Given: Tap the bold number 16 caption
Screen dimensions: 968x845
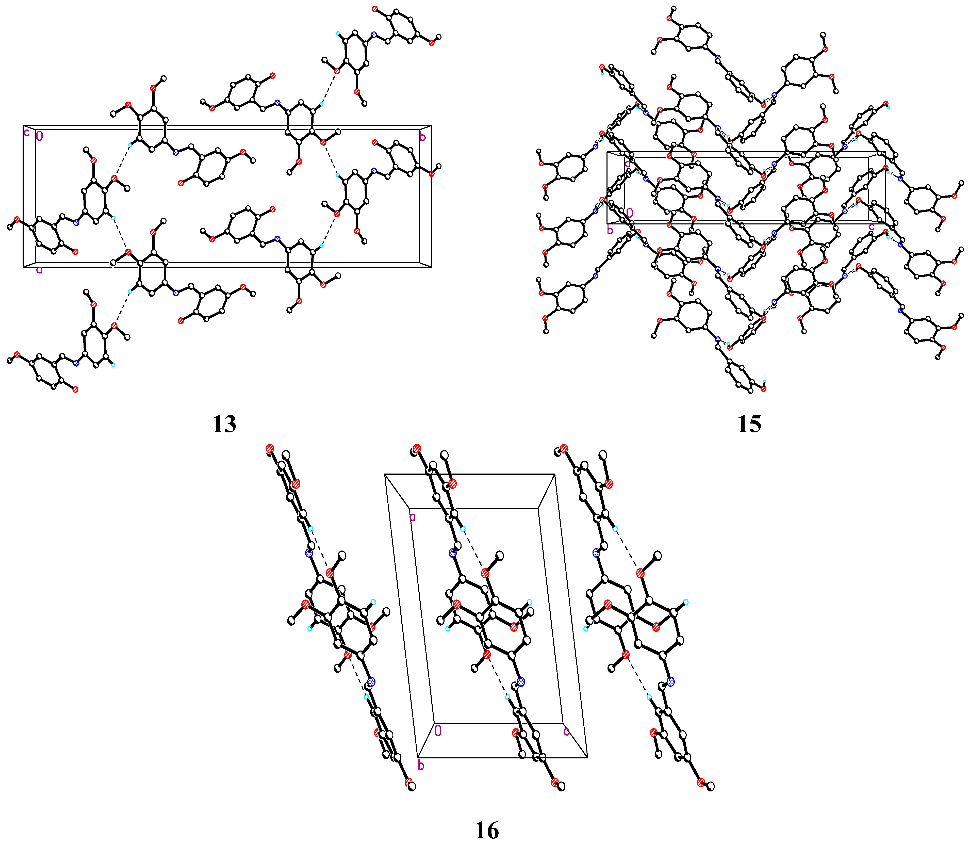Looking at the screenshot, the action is click(x=487, y=830).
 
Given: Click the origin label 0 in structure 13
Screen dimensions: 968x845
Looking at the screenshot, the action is click(x=40, y=136).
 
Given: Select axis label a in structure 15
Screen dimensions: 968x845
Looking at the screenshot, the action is click(x=628, y=164).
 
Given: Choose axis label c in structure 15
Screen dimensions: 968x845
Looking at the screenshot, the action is click(x=871, y=227).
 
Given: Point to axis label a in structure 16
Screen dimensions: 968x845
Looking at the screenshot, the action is click(x=412, y=517).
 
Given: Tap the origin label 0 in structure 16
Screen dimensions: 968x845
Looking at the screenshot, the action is click(x=438, y=731).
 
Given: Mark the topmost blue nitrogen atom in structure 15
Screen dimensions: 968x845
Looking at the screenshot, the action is click(x=718, y=58).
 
